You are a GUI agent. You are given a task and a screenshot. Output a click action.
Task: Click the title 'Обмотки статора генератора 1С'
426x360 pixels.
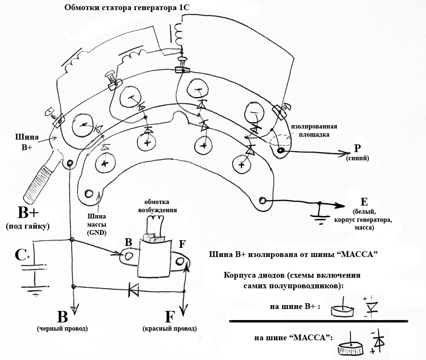[127, 7]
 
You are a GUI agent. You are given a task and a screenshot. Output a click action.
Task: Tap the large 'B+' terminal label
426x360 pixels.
[28, 212]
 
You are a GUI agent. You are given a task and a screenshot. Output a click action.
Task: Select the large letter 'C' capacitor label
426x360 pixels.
[20, 255]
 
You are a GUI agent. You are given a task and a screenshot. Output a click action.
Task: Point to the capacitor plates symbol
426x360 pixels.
[34, 268]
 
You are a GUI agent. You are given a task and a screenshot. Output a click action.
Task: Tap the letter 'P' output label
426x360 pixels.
[358, 148]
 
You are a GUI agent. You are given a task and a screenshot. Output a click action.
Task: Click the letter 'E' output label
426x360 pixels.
[364, 202]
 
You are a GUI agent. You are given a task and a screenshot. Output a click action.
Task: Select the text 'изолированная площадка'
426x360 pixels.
[314, 130]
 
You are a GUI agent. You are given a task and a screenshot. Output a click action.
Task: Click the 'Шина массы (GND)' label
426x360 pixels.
[96, 224]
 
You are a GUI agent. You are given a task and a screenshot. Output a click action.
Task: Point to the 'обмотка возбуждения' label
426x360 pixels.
[157, 206]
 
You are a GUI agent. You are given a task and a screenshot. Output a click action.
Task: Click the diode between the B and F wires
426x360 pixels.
[133, 290]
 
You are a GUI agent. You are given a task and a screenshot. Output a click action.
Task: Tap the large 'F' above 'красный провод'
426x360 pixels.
[169, 317]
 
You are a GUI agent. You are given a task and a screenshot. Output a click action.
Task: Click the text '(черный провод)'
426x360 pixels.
[62, 329]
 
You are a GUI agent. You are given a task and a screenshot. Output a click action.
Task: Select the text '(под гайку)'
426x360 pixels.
[28, 226]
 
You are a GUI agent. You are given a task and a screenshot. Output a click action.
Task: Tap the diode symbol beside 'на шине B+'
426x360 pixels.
[371, 307]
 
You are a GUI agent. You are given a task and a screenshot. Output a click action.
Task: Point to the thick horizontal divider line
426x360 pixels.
[319, 321]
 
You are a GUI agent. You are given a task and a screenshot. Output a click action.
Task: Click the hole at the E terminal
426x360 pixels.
[262, 201]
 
